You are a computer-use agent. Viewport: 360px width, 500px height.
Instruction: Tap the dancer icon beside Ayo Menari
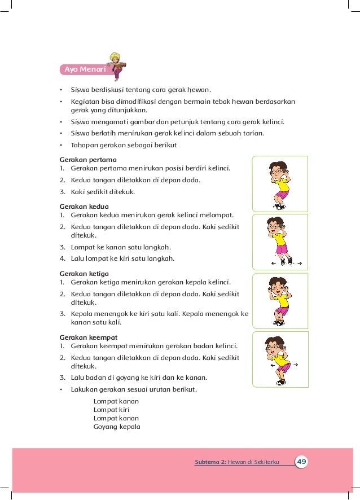pos(118,65)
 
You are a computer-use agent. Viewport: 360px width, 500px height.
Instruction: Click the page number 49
pos(302,462)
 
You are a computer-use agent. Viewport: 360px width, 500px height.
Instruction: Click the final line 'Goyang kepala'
pos(117,427)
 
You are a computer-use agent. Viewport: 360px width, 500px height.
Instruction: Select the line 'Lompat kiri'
pos(111,410)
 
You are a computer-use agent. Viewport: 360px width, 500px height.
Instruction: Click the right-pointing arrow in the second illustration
pos(299,263)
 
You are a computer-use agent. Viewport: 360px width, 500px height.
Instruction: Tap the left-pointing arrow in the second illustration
pos(273,263)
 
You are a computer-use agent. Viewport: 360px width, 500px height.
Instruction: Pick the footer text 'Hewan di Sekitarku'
pos(253,462)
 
